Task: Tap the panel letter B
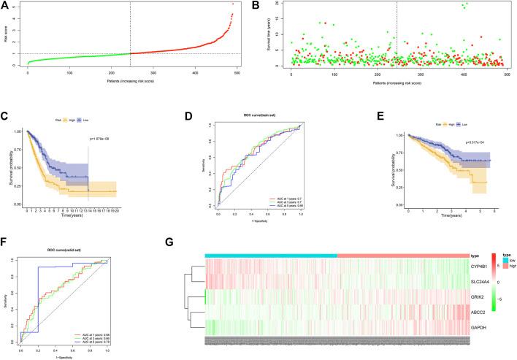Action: (267, 5)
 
